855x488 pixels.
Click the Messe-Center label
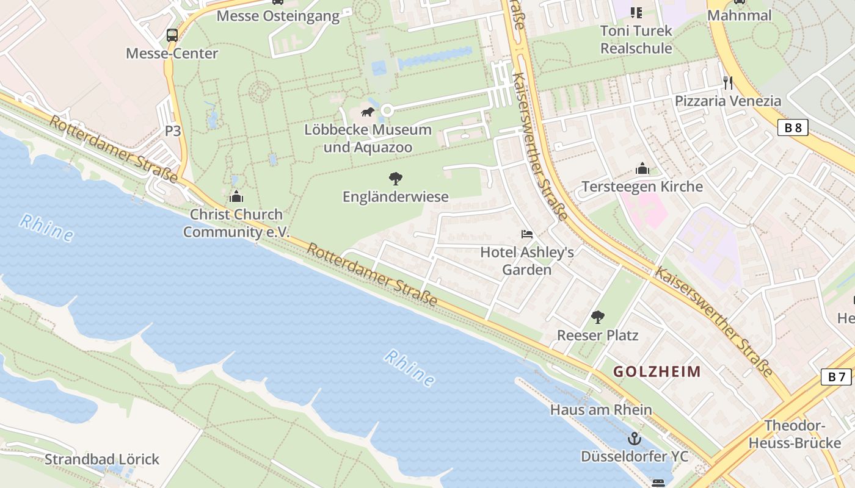click(x=172, y=54)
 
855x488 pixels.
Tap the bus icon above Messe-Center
click(x=172, y=35)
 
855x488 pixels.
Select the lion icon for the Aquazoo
click(x=368, y=112)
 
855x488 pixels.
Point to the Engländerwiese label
click(x=395, y=197)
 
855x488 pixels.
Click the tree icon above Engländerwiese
click(x=395, y=178)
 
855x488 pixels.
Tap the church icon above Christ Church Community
click(x=236, y=196)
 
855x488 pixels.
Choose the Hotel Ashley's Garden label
click(x=526, y=260)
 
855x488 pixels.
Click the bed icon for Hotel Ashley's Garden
click(x=526, y=234)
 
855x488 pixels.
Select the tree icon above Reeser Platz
click(x=597, y=317)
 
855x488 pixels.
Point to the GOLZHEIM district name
click(x=657, y=371)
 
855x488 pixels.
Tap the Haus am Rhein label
click(x=601, y=410)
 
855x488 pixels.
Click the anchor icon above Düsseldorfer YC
click(x=635, y=438)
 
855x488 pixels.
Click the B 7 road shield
click(x=836, y=377)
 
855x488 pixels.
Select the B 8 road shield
click(x=793, y=127)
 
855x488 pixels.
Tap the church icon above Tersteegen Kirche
click(x=642, y=168)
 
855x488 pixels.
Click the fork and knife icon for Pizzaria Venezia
click(x=727, y=82)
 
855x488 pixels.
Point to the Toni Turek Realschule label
click(x=636, y=39)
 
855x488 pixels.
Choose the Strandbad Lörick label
click(x=101, y=459)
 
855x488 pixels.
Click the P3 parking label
click(x=173, y=131)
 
